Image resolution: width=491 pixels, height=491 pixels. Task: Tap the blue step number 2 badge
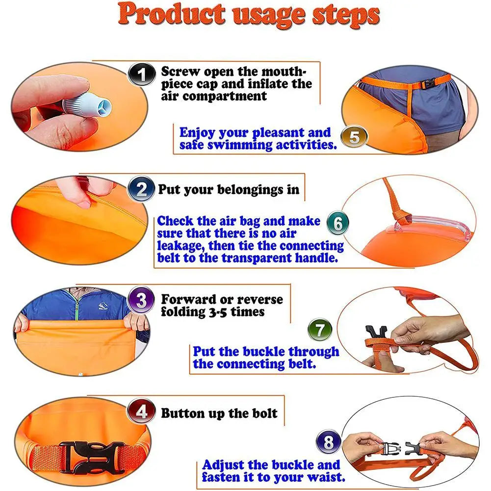click(x=141, y=189)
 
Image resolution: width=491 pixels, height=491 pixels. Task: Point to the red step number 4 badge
click(x=141, y=413)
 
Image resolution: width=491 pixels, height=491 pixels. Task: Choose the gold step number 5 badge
click(x=354, y=137)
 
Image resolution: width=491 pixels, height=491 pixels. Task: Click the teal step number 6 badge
click(x=338, y=224)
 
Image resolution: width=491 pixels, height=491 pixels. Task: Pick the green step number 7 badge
click(x=320, y=330)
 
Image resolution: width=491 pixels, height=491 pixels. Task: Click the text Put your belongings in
click(x=228, y=189)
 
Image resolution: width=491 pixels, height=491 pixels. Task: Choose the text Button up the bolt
click(x=219, y=413)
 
